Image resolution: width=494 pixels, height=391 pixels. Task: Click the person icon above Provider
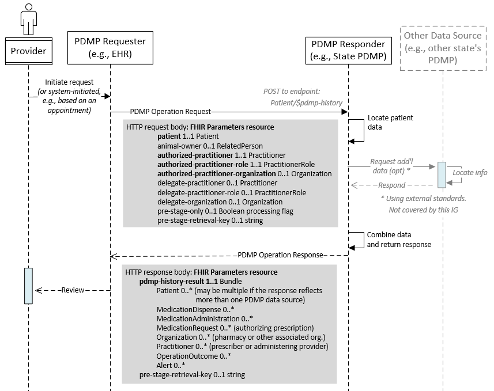pos(28,18)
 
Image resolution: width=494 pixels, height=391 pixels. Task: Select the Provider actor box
pos(28,52)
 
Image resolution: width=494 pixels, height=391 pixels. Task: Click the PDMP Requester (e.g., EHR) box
pos(110,47)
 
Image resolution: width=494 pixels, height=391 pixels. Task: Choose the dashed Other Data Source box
pos(443,47)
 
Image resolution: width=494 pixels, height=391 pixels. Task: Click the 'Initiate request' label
pos(69,83)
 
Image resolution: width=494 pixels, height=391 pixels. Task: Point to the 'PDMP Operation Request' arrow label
pos(171,111)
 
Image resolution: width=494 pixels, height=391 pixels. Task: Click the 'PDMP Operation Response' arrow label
pos(280,255)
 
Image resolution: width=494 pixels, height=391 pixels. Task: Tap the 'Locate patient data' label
pos(390,122)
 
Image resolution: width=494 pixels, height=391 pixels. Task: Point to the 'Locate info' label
pos(470,172)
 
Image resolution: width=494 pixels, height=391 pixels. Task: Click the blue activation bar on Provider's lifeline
pos(28,285)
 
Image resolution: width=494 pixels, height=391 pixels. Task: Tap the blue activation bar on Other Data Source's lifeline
pos(442,174)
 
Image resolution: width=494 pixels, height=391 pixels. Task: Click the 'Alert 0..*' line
pos(171,365)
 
